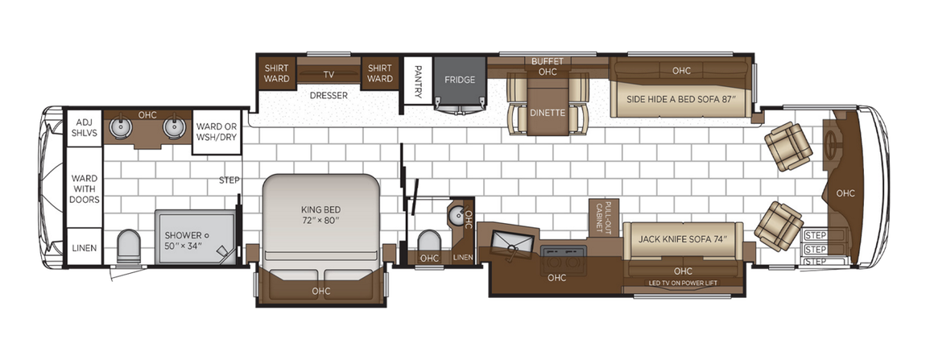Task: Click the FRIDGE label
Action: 459,80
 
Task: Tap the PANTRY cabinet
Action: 418,81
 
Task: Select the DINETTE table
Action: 548,114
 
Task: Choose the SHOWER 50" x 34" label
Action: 183,239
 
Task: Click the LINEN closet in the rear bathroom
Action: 84,248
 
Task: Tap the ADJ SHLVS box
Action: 84,127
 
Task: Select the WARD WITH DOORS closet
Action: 84,188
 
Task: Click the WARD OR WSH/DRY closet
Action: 216,131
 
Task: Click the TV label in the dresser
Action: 329,74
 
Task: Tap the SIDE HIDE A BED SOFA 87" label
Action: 681,99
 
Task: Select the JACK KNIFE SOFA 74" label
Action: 676,238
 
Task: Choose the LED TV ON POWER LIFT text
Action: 683,283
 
